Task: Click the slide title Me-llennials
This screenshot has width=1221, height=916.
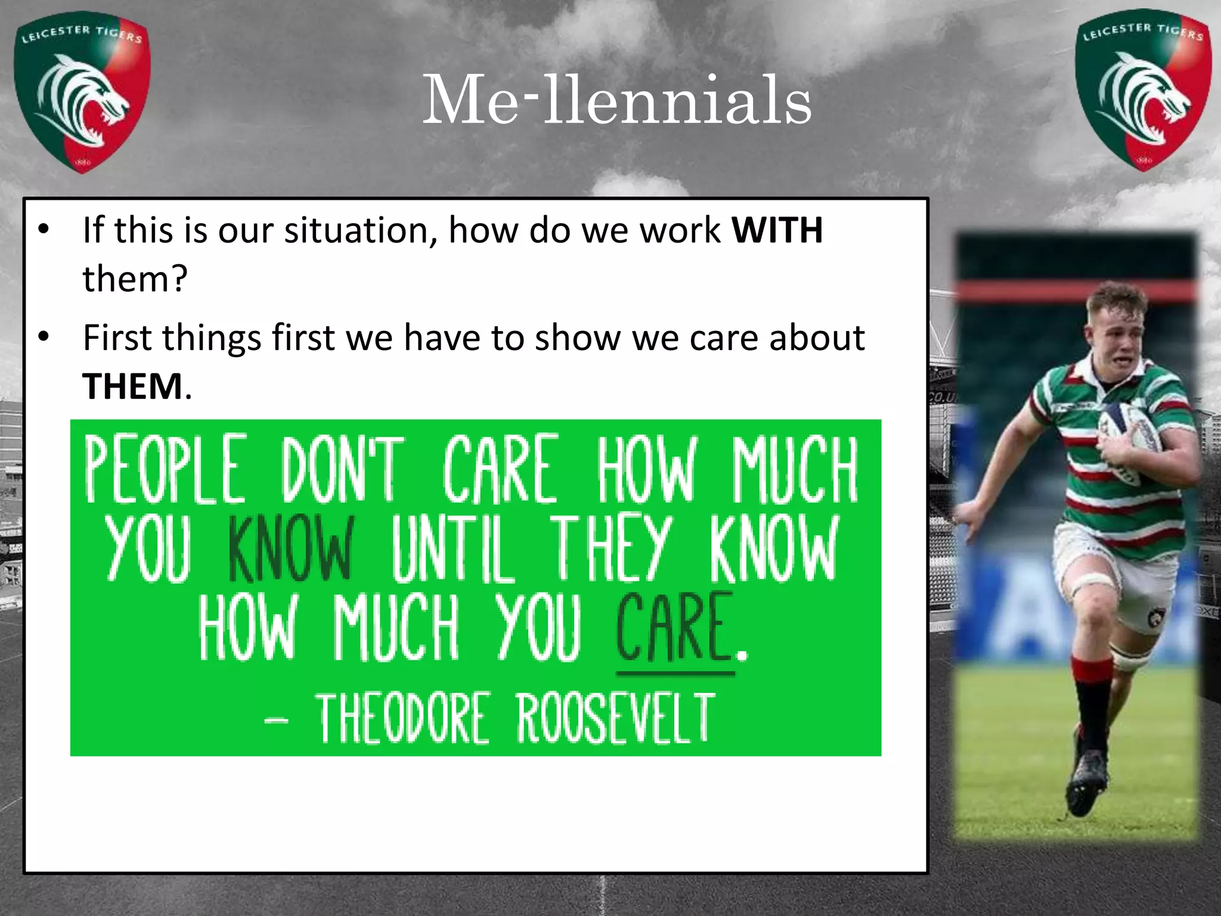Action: pos(616,100)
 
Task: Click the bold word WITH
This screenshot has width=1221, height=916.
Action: pos(777,230)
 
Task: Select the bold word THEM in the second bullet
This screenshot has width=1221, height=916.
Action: pos(132,386)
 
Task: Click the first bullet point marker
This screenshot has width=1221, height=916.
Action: pos(43,230)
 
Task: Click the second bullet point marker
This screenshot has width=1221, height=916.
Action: pos(43,338)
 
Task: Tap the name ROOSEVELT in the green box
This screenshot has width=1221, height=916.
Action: pos(615,718)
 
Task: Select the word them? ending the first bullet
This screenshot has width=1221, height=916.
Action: pos(135,279)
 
